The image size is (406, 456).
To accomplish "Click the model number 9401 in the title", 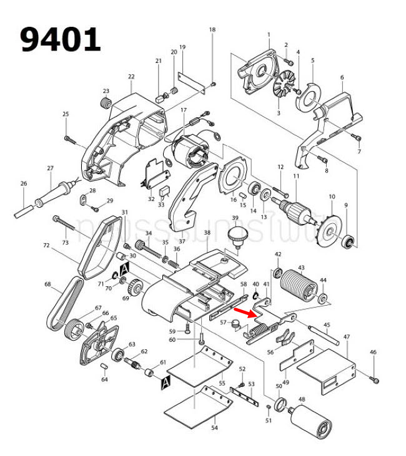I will point(60,39).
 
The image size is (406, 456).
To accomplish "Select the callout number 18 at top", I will point(212,30).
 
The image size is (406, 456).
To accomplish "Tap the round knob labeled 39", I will point(235,236).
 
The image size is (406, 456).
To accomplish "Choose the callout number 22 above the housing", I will point(131,77).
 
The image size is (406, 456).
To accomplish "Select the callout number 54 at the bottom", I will point(214,428).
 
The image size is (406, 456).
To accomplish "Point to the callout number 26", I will point(24,183).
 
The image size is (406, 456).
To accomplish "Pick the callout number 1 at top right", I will point(269,34).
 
